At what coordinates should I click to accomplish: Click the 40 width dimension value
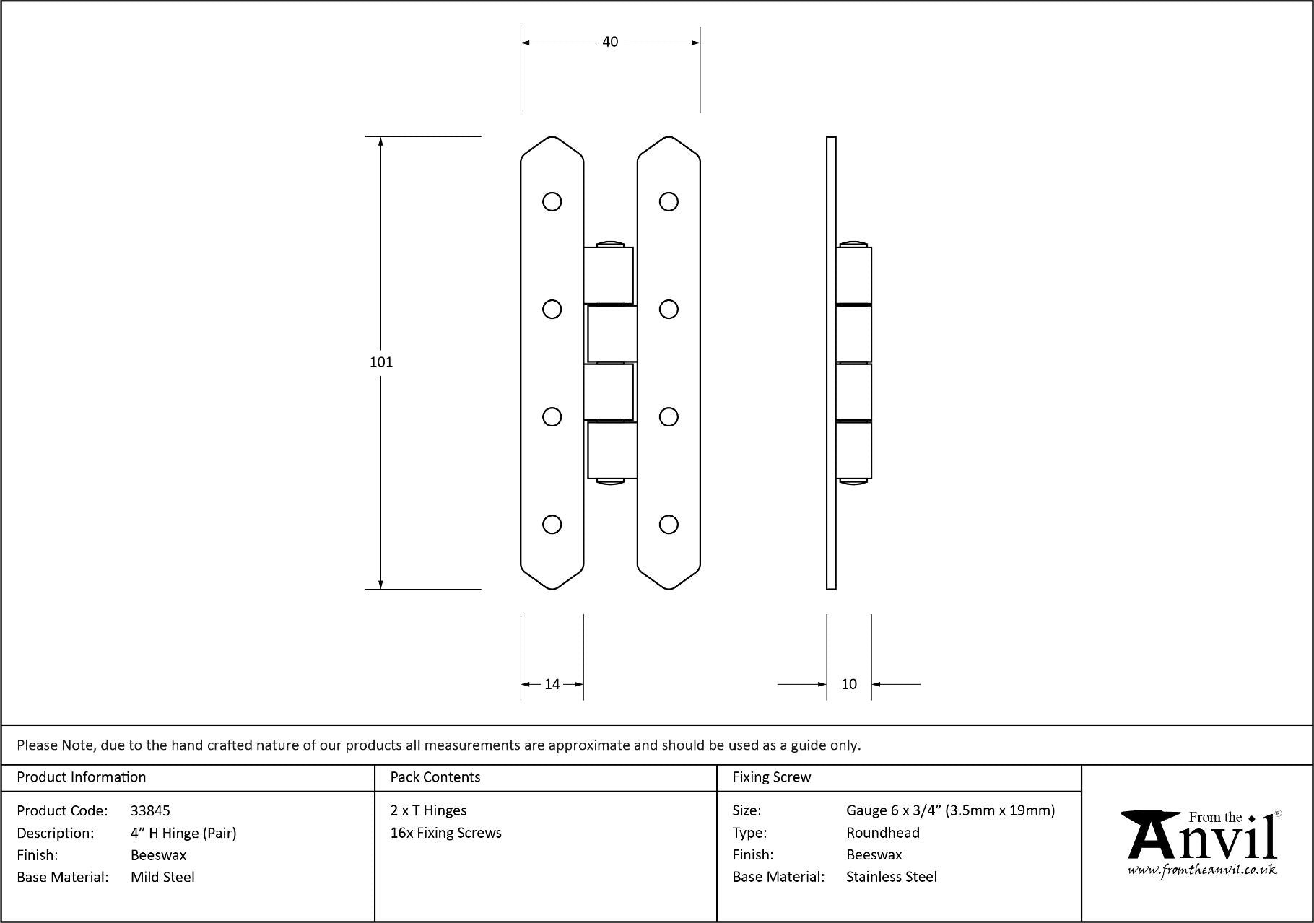(610, 43)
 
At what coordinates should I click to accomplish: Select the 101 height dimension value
(381, 362)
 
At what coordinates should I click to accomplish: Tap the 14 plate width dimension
(552, 684)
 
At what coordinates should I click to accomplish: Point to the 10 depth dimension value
(849, 684)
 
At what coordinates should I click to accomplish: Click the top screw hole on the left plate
(552, 201)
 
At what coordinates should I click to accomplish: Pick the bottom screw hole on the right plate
(669, 524)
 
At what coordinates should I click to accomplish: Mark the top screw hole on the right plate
(669, 201)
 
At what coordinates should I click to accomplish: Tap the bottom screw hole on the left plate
(552, 524)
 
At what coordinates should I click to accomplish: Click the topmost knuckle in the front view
(609, 275)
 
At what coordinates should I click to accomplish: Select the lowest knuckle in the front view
(612, 450)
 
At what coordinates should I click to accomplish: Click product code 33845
(150, 810)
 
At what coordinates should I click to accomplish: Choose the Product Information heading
(81, 777)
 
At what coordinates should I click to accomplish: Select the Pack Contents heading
(435, 777)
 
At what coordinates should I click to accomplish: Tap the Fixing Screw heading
(771, 777)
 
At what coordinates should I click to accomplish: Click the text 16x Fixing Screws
(445, 833)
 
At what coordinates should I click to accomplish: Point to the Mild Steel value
(162, 877)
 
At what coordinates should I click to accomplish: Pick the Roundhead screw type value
(882, 833)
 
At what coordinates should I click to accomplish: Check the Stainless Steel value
(891, 877)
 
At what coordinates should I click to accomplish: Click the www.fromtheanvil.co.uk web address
(1201, 870)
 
